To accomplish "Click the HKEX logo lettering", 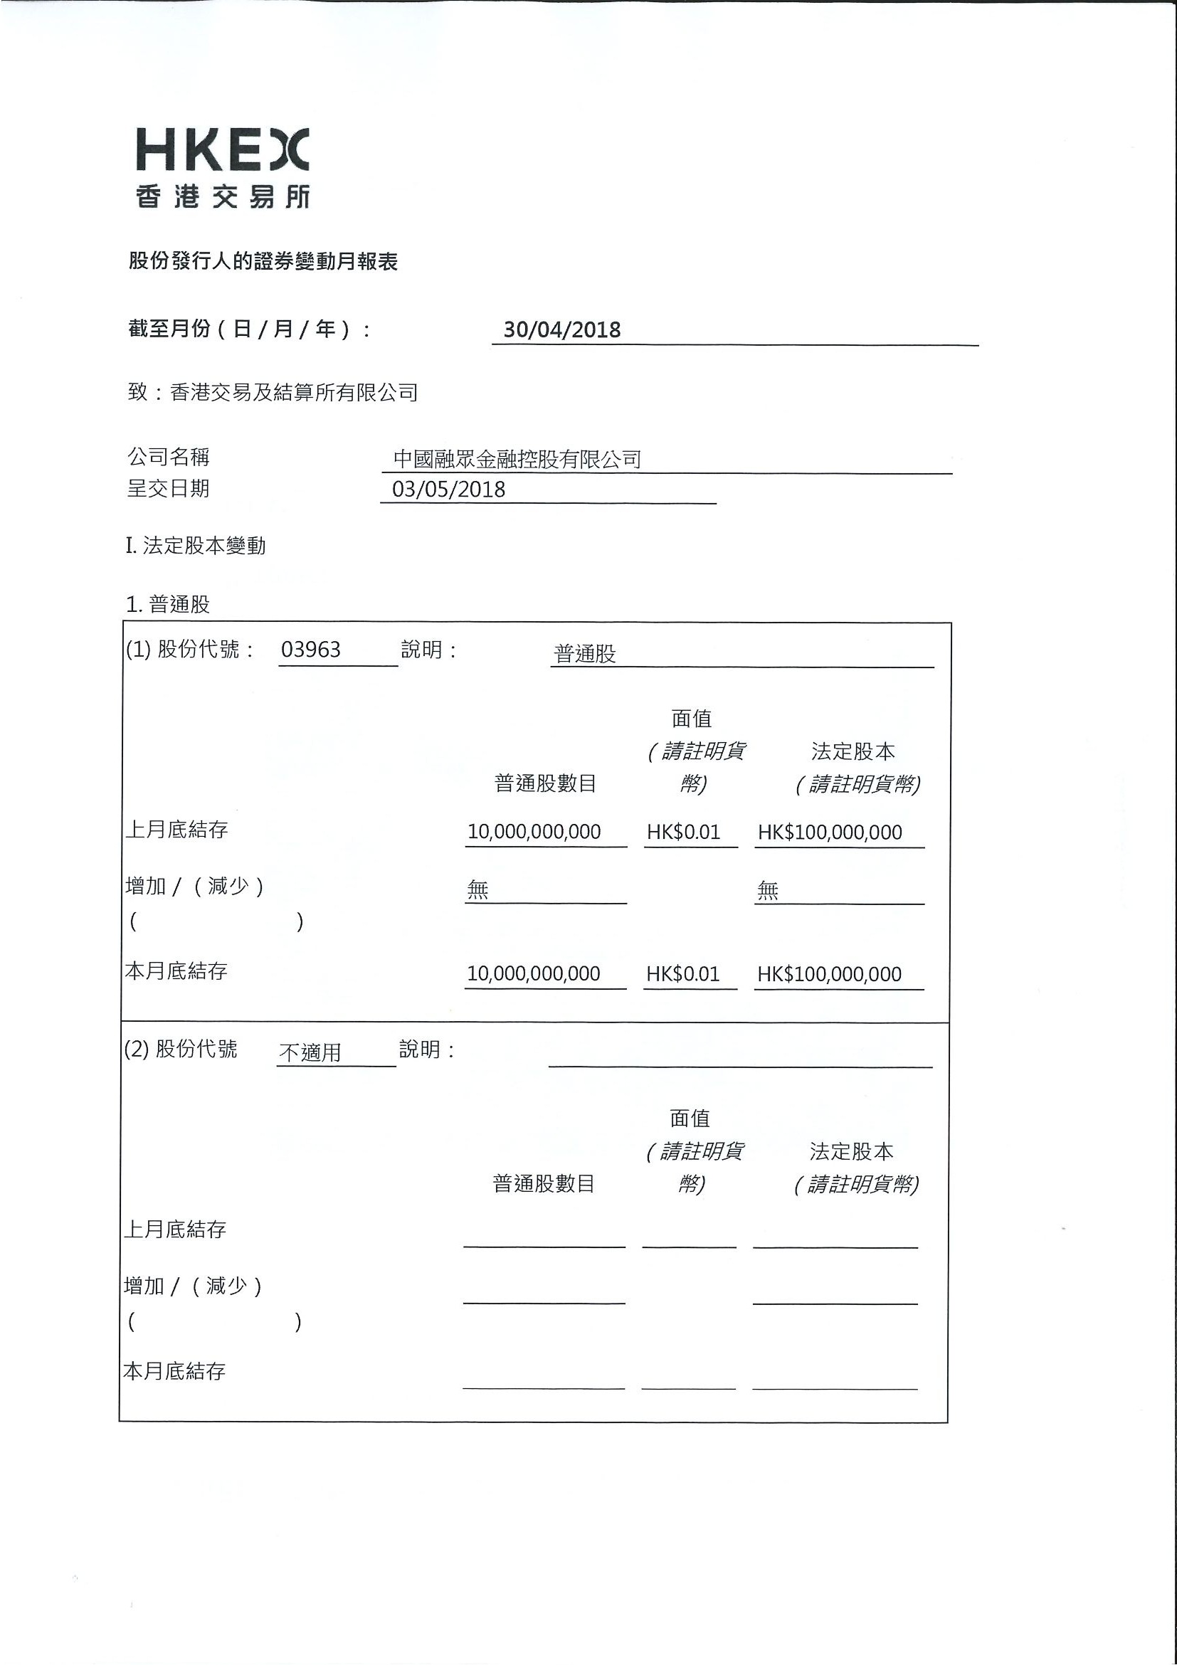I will click(223, 149).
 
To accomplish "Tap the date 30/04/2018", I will click(562, 330).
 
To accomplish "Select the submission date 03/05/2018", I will click(448, 490).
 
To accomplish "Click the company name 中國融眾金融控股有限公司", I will click(517, 459).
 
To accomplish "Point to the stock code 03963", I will click(310, 650).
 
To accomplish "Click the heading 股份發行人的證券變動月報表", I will click(263, 261).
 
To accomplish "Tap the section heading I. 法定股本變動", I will click(196, 545).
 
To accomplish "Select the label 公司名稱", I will click(168, 457).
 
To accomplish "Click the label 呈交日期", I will click(168, 489).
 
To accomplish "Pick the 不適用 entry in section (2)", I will click(310, 1052).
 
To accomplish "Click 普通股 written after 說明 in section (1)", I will click(584, 654).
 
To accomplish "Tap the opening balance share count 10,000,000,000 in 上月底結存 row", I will click(534, 832).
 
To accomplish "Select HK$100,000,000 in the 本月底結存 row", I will click(829, 974).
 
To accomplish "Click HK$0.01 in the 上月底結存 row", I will click(683, 832).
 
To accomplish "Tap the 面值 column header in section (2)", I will click(690, 1119).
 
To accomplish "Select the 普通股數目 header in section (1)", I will click(545, 783).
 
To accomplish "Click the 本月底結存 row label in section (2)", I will click(175, 1371).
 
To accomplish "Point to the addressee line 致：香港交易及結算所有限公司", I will click(273, 392).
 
